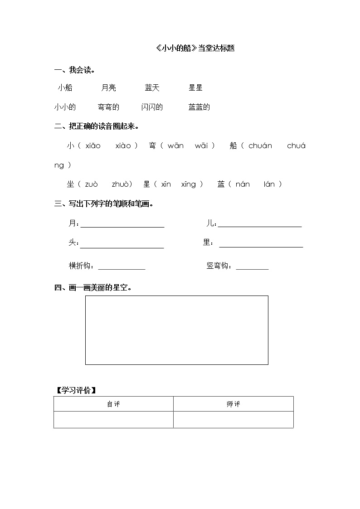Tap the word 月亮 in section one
click(108, 88)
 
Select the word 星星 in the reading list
click(195, 88)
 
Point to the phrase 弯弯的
click(108, 107)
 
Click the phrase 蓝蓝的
click(199, 107)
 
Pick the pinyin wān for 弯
click(175, 145)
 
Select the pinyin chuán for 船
click(260, 145)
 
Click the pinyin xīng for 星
click(189, 184)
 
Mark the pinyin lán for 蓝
click(269, 184)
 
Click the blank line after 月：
click(122, 224)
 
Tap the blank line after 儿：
click(259, 224)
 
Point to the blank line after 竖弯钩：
click(252, 267)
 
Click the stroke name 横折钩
click(81, 266)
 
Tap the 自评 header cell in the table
click(113, 404)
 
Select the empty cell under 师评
click(233, 420)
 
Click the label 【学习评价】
click(76, 390)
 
